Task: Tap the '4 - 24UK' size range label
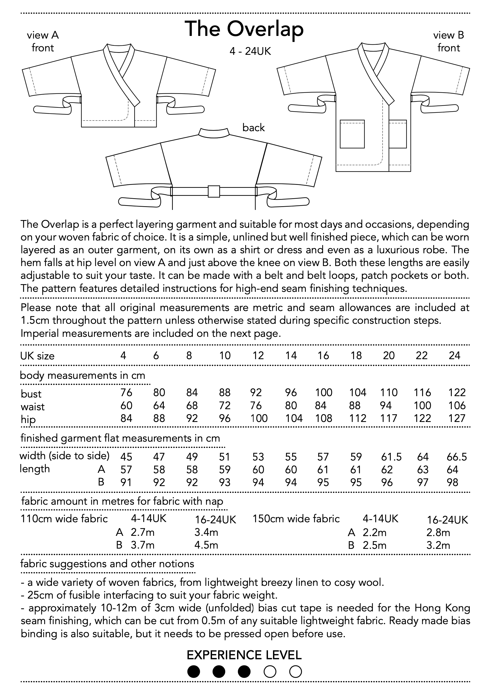(250, 51)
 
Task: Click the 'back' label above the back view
(254, 128)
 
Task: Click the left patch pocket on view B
(352, 134)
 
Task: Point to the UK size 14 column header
(291, 355)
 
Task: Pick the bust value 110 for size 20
(389, 392)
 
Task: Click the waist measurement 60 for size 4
(126, 405)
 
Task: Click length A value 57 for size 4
(126, 470)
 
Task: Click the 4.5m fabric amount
(206, 545)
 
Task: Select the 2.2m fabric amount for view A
(374, 532)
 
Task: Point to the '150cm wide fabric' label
(296, 519)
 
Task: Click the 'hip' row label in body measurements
(28, 419)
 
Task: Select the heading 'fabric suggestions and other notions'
(107, 564)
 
